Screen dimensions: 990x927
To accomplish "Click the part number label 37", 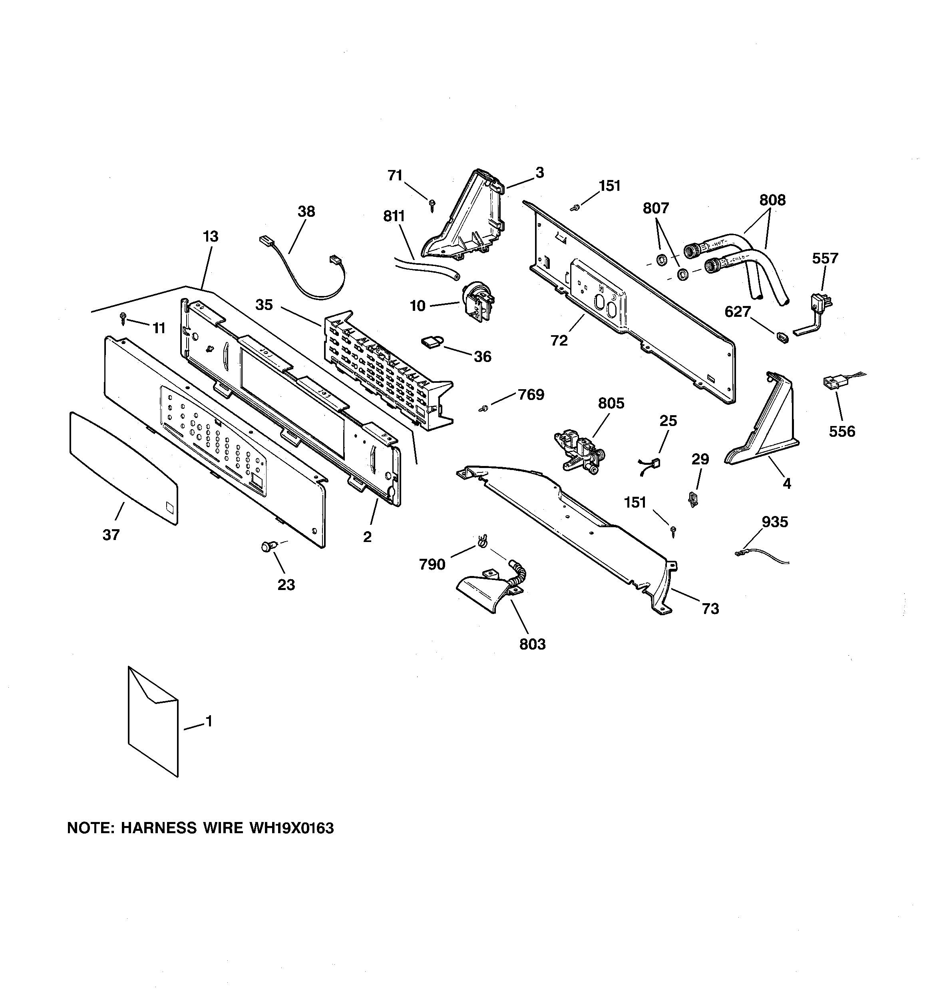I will [111, 535].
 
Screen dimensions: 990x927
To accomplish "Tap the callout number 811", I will [394, 216].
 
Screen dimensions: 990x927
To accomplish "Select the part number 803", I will [532, 644].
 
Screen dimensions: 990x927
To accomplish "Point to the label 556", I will [842, 431].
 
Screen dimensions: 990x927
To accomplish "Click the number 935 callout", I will [775, 522].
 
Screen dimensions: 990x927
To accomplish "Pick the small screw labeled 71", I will [432, 205].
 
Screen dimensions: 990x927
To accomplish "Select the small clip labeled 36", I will [432, 342].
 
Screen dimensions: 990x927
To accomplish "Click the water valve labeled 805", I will [580, 450].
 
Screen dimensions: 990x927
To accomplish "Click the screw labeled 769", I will [483, 408].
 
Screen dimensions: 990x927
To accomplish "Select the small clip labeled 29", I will [692, 498].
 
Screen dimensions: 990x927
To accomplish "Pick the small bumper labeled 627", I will [782, 338].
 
